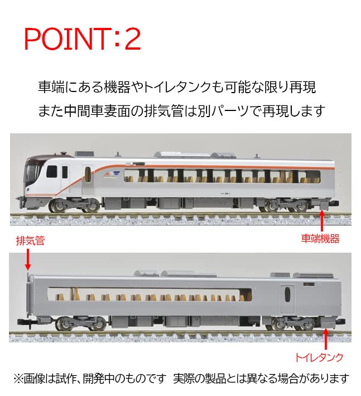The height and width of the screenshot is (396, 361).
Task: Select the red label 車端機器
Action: pyautogui.click(x=321, y=239)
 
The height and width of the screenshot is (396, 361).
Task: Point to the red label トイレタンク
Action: pyautogui.click(x=320, y=356)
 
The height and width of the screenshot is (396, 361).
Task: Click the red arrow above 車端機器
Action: pyautogui.click(x=323, y=219)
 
